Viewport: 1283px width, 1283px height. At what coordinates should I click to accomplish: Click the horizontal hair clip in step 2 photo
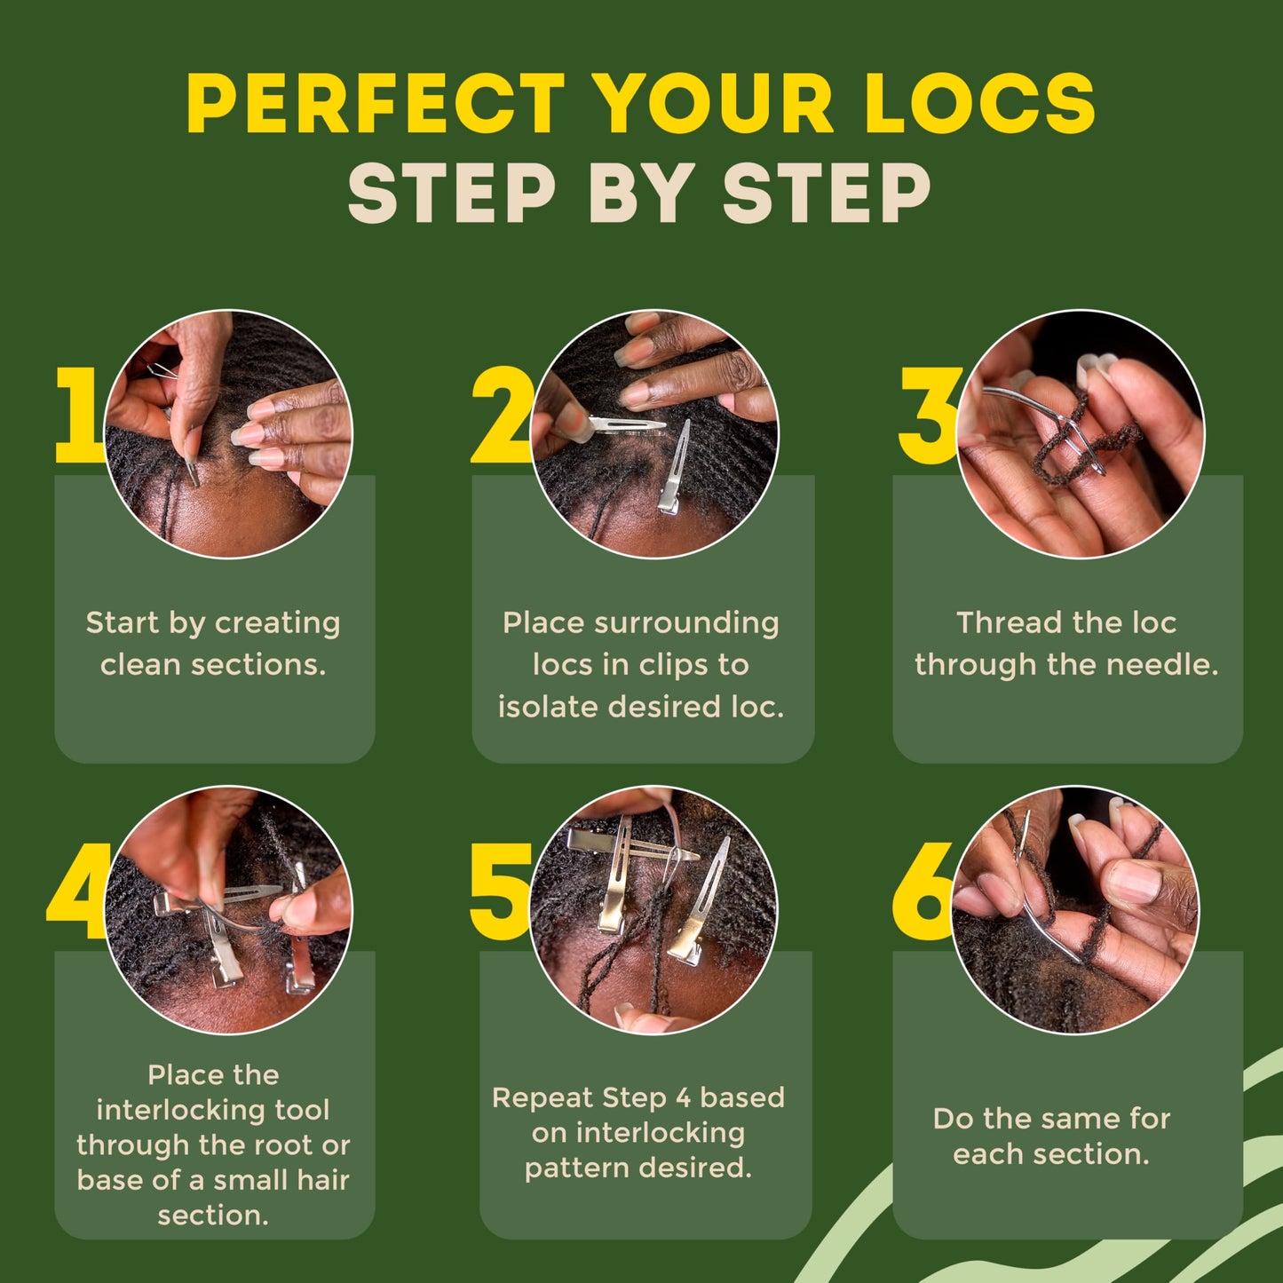point(626,424)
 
